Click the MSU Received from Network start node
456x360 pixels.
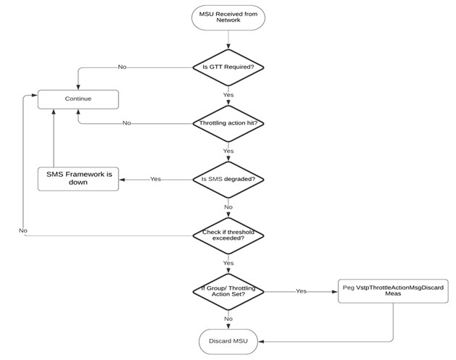pyautogui.click(x=228, y=17)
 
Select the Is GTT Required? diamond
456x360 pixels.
pyautogui.click(x=228, y=67)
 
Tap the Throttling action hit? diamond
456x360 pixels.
pyautogui.click(x=228, y=123)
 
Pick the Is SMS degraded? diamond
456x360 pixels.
pyautogui.click(x=228, y=179)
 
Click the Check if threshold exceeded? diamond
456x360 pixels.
pyautogui.click(x=228, y=235)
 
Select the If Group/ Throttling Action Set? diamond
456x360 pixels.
pyautogui.click(x=228, y=291)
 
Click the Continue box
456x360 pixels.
pyautogui.click(x=78, y=98)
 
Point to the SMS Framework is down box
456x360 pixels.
pyautogui.click(x=78, y=178)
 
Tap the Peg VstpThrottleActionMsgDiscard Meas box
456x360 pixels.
pyautogui.click(x=392, y=291)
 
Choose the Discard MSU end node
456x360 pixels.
pyautogui.click(x=228, y=340)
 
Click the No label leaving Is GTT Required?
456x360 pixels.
pyautogui.click(x=123, y=67)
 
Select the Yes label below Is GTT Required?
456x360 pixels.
pyautogui.click(x=228, y=95)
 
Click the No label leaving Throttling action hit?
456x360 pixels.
pyautogui.click(x=126, y=123)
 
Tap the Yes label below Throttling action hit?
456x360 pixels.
pyautogui.click(x=228, y=151)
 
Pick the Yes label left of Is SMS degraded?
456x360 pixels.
pyautogui.click(x=155, y=179)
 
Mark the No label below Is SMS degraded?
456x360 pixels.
pyautogui.click(x=228, y=207)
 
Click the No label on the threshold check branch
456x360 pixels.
pyautogui.click(x=23, y=230)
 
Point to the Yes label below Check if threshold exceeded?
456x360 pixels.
pyautogui.click(x=228, y=263)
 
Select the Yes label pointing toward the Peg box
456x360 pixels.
pyautogui.click(x=300, y=291)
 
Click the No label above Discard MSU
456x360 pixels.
pyautogui.click(x=228, y=319)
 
